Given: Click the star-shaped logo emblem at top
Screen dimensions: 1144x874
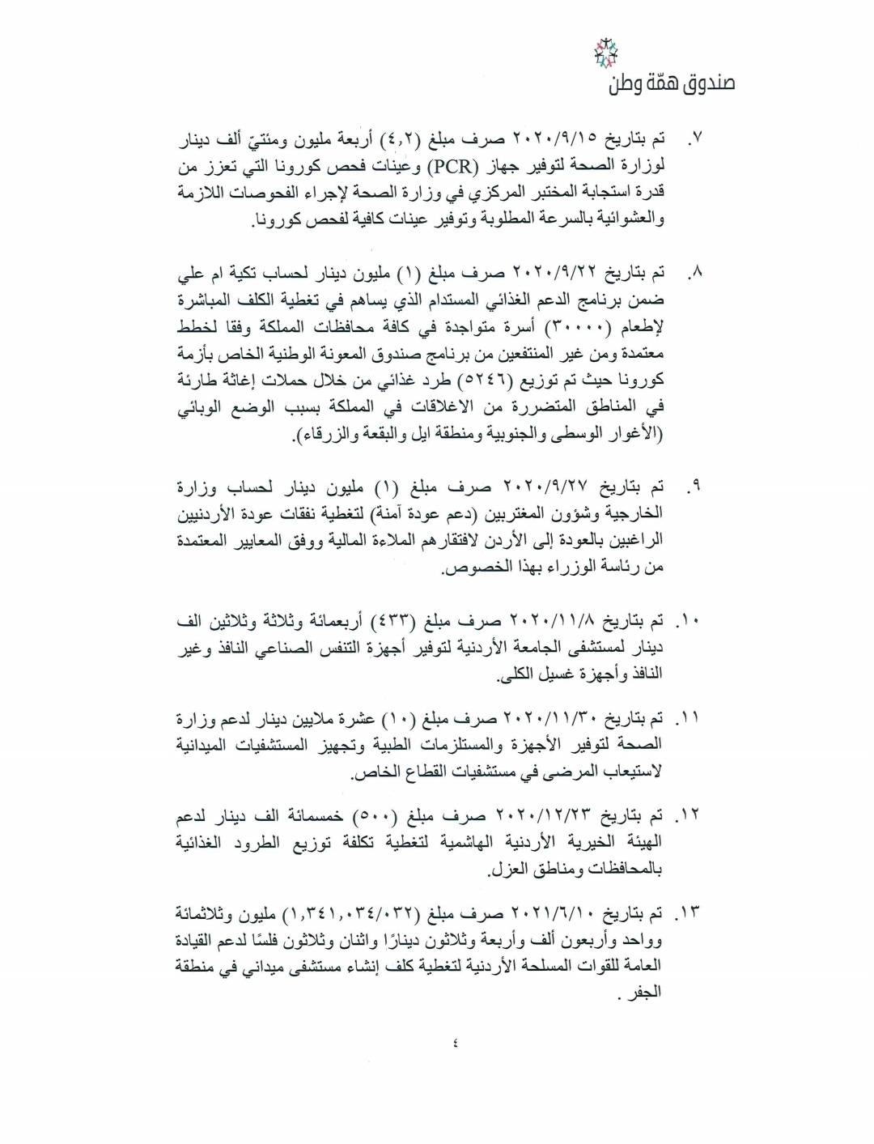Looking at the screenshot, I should [x=605, y=54].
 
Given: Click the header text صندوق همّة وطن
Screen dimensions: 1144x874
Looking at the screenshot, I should [x=672, y=83].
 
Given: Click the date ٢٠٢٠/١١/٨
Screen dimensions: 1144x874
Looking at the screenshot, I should [x=551, y=623].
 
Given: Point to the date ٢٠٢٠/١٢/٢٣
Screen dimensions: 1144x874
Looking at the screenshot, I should [x=545, y=817].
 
